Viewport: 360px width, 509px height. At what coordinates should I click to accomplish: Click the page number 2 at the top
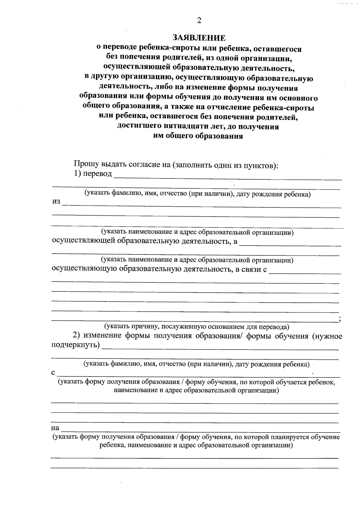(x=198, y=20)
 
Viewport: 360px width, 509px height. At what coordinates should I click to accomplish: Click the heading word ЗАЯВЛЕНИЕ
(x=198, y=38)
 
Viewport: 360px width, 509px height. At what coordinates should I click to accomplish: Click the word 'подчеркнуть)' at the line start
(x=76, y=345)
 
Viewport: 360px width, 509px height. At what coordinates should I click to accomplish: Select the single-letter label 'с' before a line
(x=53, y=373)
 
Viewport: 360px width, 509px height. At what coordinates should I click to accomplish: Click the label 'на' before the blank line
(x=55, y=428)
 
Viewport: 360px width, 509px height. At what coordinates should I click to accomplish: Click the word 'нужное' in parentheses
(x=328, y=336)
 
